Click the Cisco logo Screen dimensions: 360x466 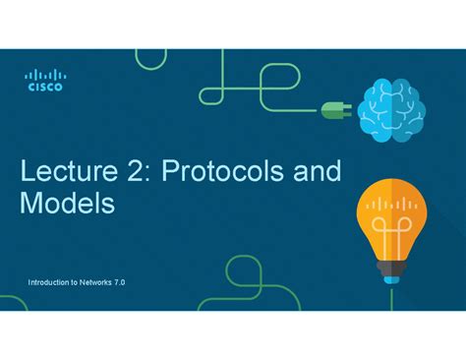44,80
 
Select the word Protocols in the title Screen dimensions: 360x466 218,172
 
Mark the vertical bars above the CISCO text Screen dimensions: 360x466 44,74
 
